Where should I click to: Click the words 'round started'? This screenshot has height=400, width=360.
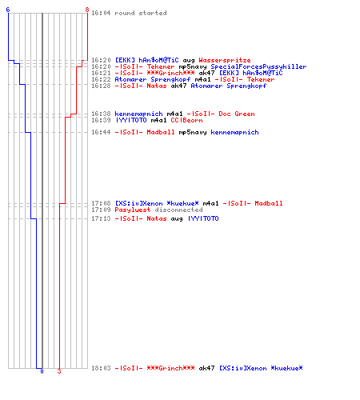tap(141, 13)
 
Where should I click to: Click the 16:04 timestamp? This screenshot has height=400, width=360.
tap(101, 13)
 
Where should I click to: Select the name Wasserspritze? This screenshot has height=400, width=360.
tap(225, 60)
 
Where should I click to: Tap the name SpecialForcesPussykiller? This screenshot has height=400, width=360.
tap(258, 66)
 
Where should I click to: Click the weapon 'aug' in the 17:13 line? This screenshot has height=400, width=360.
tap(177, 219)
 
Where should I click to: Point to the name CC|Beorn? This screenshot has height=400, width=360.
tap(186, 120)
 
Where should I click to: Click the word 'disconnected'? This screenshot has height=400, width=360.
tap(178, 210)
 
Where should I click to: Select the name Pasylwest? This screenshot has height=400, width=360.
tap(133, 210)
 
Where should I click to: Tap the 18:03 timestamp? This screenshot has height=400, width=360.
tap(101, 368)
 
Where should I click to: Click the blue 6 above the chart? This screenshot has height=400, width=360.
tap(8, 10)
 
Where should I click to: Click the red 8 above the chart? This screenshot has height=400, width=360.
tap(87, 10)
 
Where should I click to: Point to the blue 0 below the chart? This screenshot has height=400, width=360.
tap(42, 371)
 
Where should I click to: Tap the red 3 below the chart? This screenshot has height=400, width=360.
tap(59, 371)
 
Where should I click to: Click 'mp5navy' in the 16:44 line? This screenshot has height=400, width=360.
tap(193, 133)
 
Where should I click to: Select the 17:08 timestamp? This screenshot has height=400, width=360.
tap(101, 203)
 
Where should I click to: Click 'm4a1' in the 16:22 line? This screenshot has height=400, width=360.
tap(202, 79)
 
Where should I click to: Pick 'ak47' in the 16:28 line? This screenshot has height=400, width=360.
tap(178, 86)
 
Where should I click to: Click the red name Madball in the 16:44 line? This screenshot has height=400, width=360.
tap(161, 132)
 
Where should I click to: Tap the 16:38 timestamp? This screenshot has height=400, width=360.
tap(101, 114)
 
